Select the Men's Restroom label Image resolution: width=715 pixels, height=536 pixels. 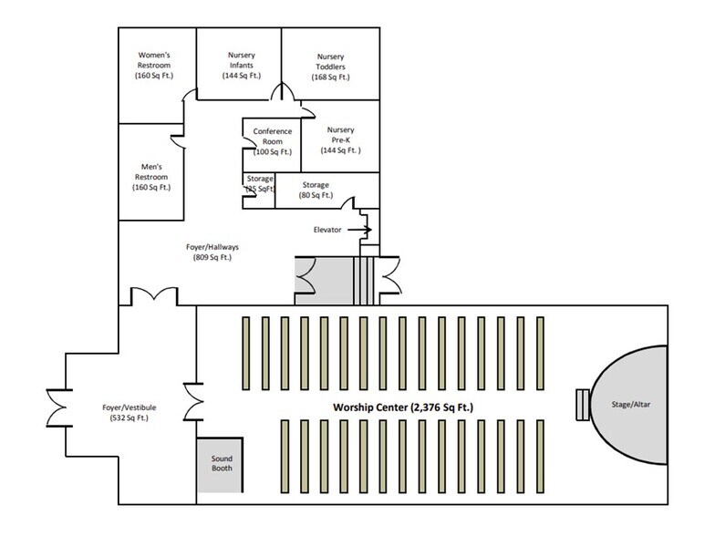point(152,177)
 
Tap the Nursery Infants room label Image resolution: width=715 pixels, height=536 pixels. point(242,65)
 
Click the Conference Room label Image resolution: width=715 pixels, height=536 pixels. point(273,142)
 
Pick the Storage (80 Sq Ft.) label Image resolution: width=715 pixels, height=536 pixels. point(315,190)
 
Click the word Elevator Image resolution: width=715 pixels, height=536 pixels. point(326,230)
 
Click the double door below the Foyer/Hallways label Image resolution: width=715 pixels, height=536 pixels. point(152,296)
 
